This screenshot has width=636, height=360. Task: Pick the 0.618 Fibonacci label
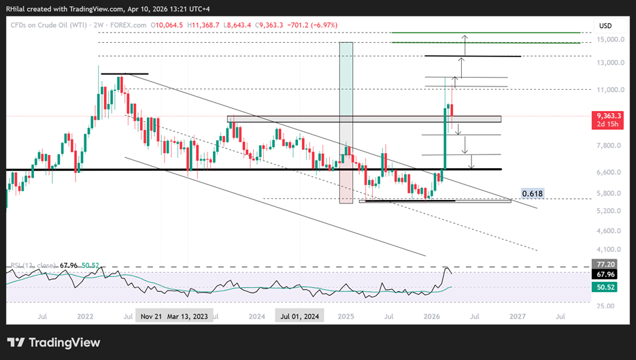pyautogui.click(x=532, y=194)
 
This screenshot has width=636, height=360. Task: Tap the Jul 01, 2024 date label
pyautogui.click(x=300, y=316)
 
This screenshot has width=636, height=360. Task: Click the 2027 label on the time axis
pyautogui.click(x=518, y=316)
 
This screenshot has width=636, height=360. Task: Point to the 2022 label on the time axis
pyautogui.click(x=85, y=316)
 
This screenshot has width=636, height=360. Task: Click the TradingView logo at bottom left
pyautogui.click(x=54, y=342)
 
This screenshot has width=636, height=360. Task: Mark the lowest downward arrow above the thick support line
pyautogui.click(x=472, y=162)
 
